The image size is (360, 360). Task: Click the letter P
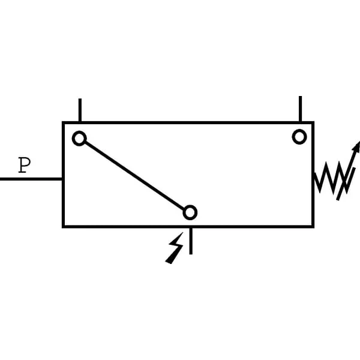tap(25, 165)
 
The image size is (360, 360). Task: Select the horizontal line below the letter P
tap(31, 179)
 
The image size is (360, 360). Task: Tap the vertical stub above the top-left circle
tap(80, 110)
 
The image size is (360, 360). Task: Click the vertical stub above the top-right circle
tap(301, 109)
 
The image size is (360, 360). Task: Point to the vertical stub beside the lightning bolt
tap(191, 241)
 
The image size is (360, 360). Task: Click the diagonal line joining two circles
tap(134, 175)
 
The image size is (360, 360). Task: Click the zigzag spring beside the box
tap(333, 178)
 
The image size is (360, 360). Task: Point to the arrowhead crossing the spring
tap(357, 147)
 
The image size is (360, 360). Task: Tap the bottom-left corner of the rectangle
tap(64, 227)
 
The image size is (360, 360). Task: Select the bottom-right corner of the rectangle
tap(313, 227)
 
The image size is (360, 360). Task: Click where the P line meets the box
tap(62, 179)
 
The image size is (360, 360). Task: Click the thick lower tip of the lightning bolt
tap(168, 262)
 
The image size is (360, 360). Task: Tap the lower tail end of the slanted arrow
tap(338, 200)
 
